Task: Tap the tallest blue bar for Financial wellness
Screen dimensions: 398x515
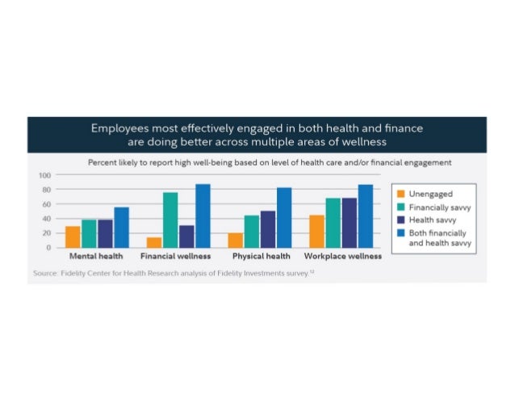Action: pos(202,216)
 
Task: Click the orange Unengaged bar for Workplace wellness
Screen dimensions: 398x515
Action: pos(317,231)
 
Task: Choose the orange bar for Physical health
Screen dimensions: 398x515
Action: pos(235,240)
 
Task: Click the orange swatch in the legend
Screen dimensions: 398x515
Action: pos(400,194)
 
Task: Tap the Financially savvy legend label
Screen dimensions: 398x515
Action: pos(439,207)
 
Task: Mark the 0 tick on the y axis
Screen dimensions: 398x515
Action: pos(48,247)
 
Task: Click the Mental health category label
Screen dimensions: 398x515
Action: pos(95,257)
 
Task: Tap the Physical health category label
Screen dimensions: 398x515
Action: pos(261,257)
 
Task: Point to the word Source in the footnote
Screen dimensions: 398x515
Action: pos(44,274)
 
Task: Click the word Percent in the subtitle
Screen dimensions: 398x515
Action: pos(103,162)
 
